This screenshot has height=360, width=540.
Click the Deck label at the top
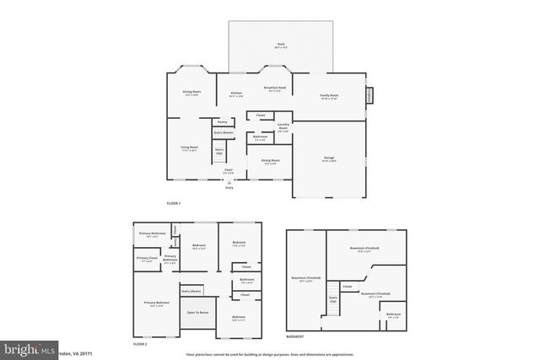[281, 45]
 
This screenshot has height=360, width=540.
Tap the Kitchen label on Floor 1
[237, 94]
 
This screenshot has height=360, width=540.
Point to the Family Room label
[328, 97]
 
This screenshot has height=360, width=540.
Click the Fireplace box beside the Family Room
[368, 96]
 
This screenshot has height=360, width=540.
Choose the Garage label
[329, 159]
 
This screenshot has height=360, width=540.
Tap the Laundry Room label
[283, 128]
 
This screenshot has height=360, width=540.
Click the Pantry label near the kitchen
[223, 121]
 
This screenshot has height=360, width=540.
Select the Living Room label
[189, 148]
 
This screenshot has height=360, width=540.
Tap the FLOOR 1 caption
[173, 203]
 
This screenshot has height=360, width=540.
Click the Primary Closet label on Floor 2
[147, 260]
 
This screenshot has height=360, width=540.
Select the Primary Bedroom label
[156, 304]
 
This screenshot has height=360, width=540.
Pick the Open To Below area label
[198, 313]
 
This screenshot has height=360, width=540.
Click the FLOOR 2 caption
[140, 345]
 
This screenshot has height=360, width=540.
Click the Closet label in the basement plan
[347, 286]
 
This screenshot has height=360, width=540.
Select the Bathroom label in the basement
[393, 314]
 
